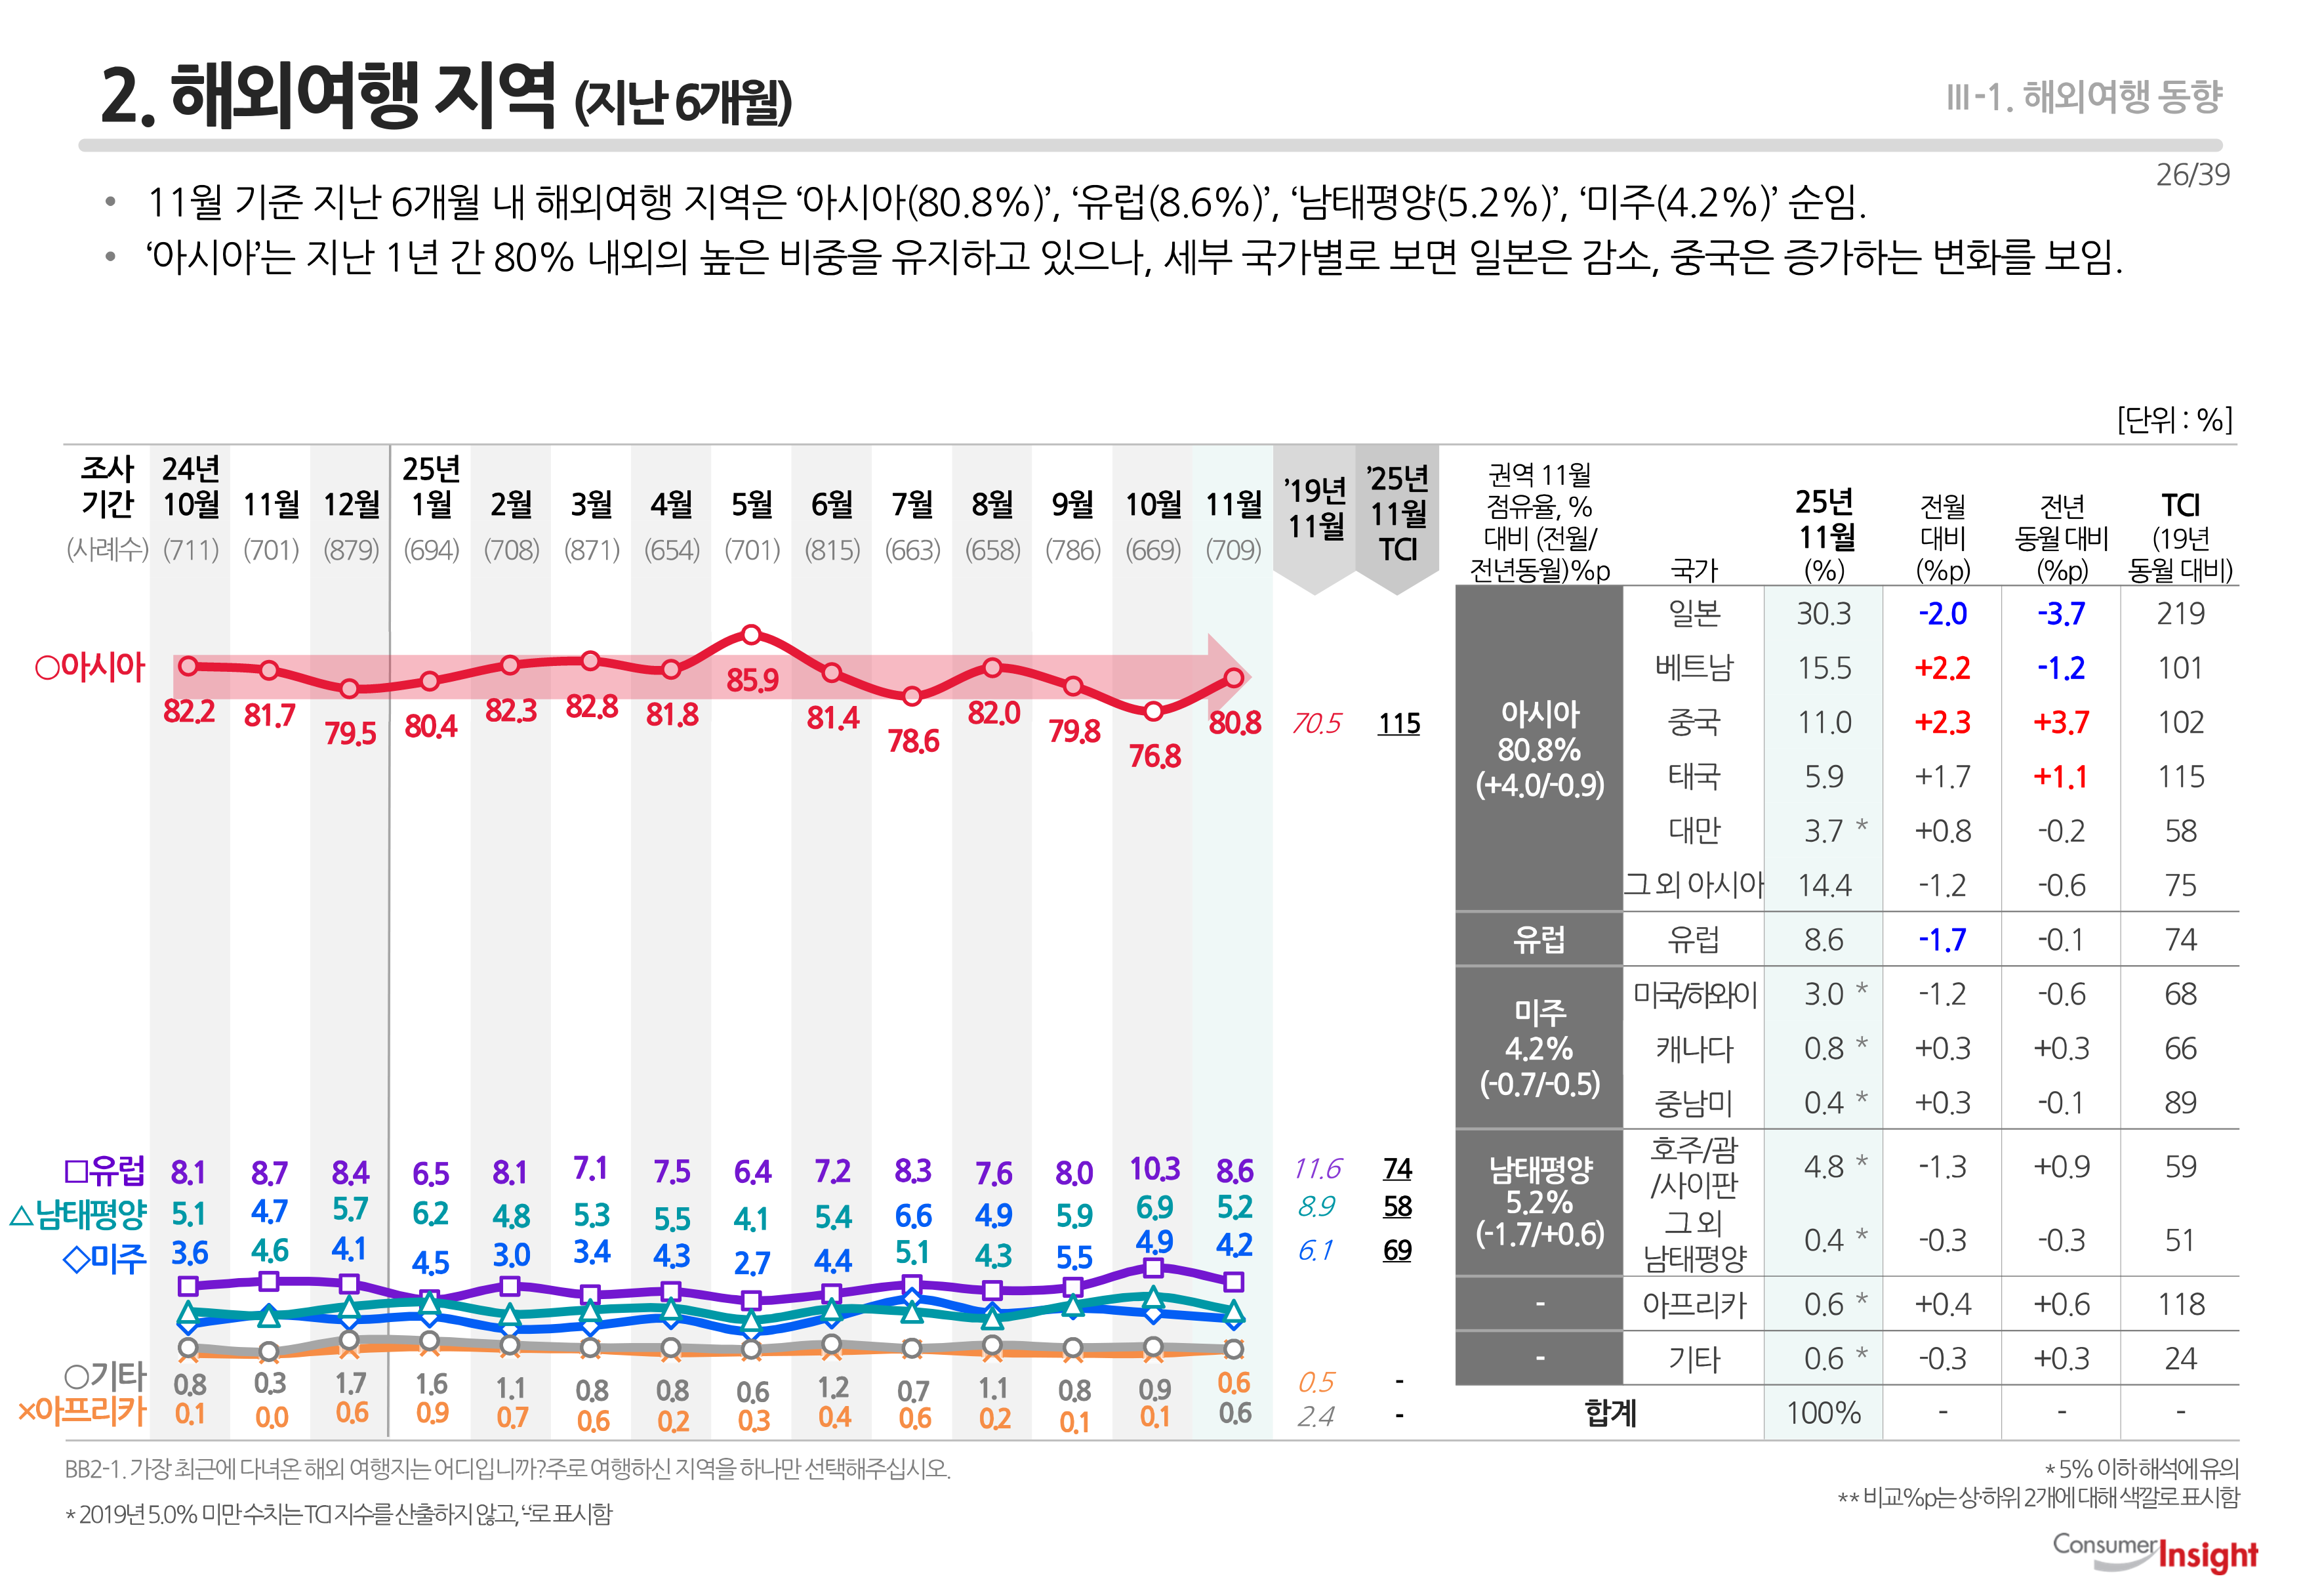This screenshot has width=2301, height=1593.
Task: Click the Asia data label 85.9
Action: click(752, 681)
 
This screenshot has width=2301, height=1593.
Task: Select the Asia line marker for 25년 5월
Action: click(752, 635)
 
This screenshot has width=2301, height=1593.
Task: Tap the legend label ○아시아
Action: click(90, 667)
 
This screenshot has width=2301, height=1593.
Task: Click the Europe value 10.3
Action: click(1154, 1169)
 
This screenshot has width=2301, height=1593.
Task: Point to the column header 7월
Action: click(912, 505)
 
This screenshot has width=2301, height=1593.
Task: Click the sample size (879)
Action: click(351, 550)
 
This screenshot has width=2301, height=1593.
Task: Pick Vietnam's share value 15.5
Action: click(1824, 668)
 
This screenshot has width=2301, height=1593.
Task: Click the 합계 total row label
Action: click(1610, 1413)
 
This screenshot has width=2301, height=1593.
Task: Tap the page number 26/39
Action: click(2192, 175)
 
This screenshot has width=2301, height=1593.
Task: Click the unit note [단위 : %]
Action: click(2174, 419)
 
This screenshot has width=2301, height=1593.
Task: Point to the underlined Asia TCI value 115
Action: click(1398, 724)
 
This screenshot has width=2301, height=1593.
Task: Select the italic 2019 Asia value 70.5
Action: click(1316, 724)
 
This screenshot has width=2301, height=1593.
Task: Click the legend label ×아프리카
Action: click(82, 1411)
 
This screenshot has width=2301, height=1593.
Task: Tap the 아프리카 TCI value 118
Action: click(2180, 1304)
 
